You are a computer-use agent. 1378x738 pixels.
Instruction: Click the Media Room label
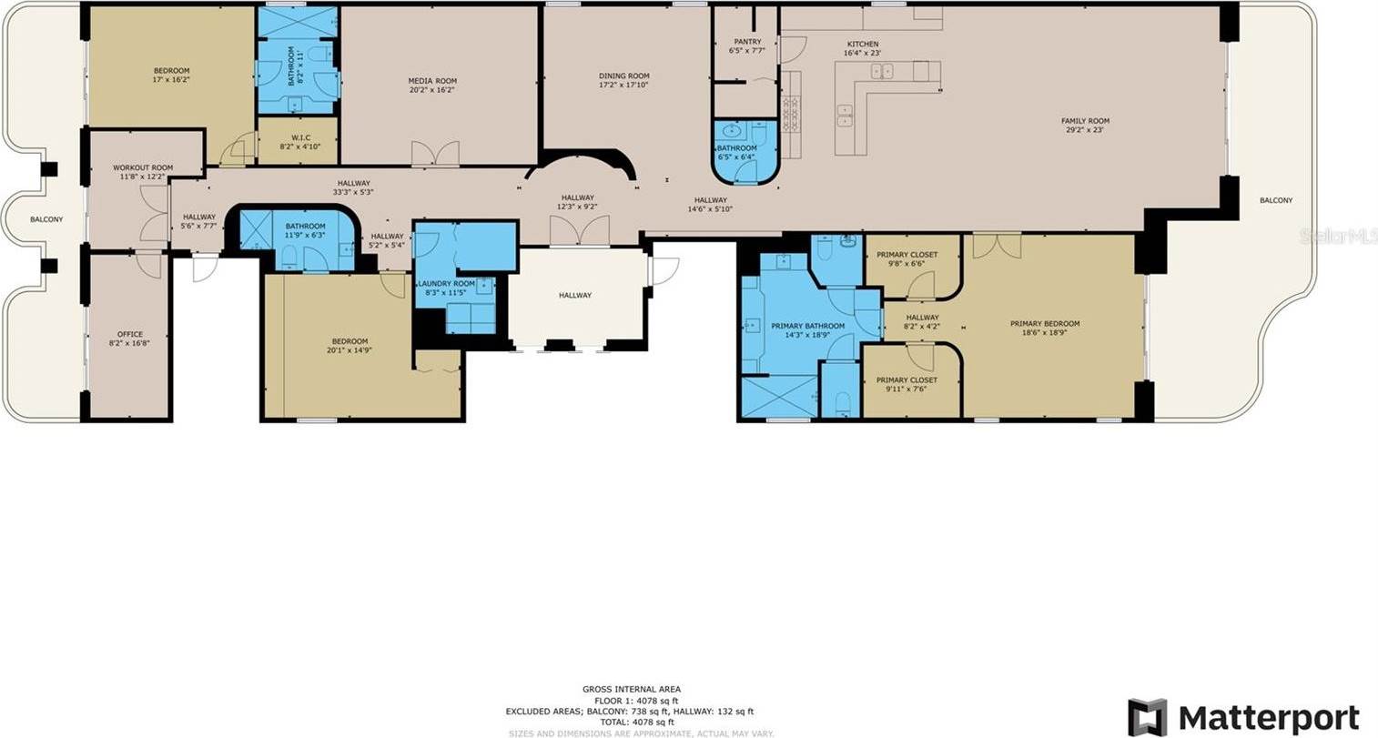431,81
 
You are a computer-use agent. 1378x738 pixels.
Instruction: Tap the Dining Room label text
623,76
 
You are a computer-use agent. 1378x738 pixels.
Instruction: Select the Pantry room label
747,42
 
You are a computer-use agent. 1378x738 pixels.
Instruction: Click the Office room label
130,335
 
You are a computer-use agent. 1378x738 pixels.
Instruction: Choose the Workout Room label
143,167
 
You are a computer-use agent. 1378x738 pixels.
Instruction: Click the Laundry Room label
446,284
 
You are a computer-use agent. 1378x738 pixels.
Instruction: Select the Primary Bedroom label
1045,324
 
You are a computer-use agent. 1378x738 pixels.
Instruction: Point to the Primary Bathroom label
807,326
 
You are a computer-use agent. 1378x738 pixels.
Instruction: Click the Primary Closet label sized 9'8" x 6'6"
907,255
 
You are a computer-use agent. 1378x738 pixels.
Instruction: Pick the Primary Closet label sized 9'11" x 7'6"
907,380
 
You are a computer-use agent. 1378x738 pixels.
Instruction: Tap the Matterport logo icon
1148,717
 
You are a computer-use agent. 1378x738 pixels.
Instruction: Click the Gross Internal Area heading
631,689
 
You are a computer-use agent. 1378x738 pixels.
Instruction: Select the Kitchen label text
863,45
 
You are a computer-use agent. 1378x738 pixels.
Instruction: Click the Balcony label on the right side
1275,200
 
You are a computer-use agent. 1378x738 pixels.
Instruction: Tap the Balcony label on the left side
46,219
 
